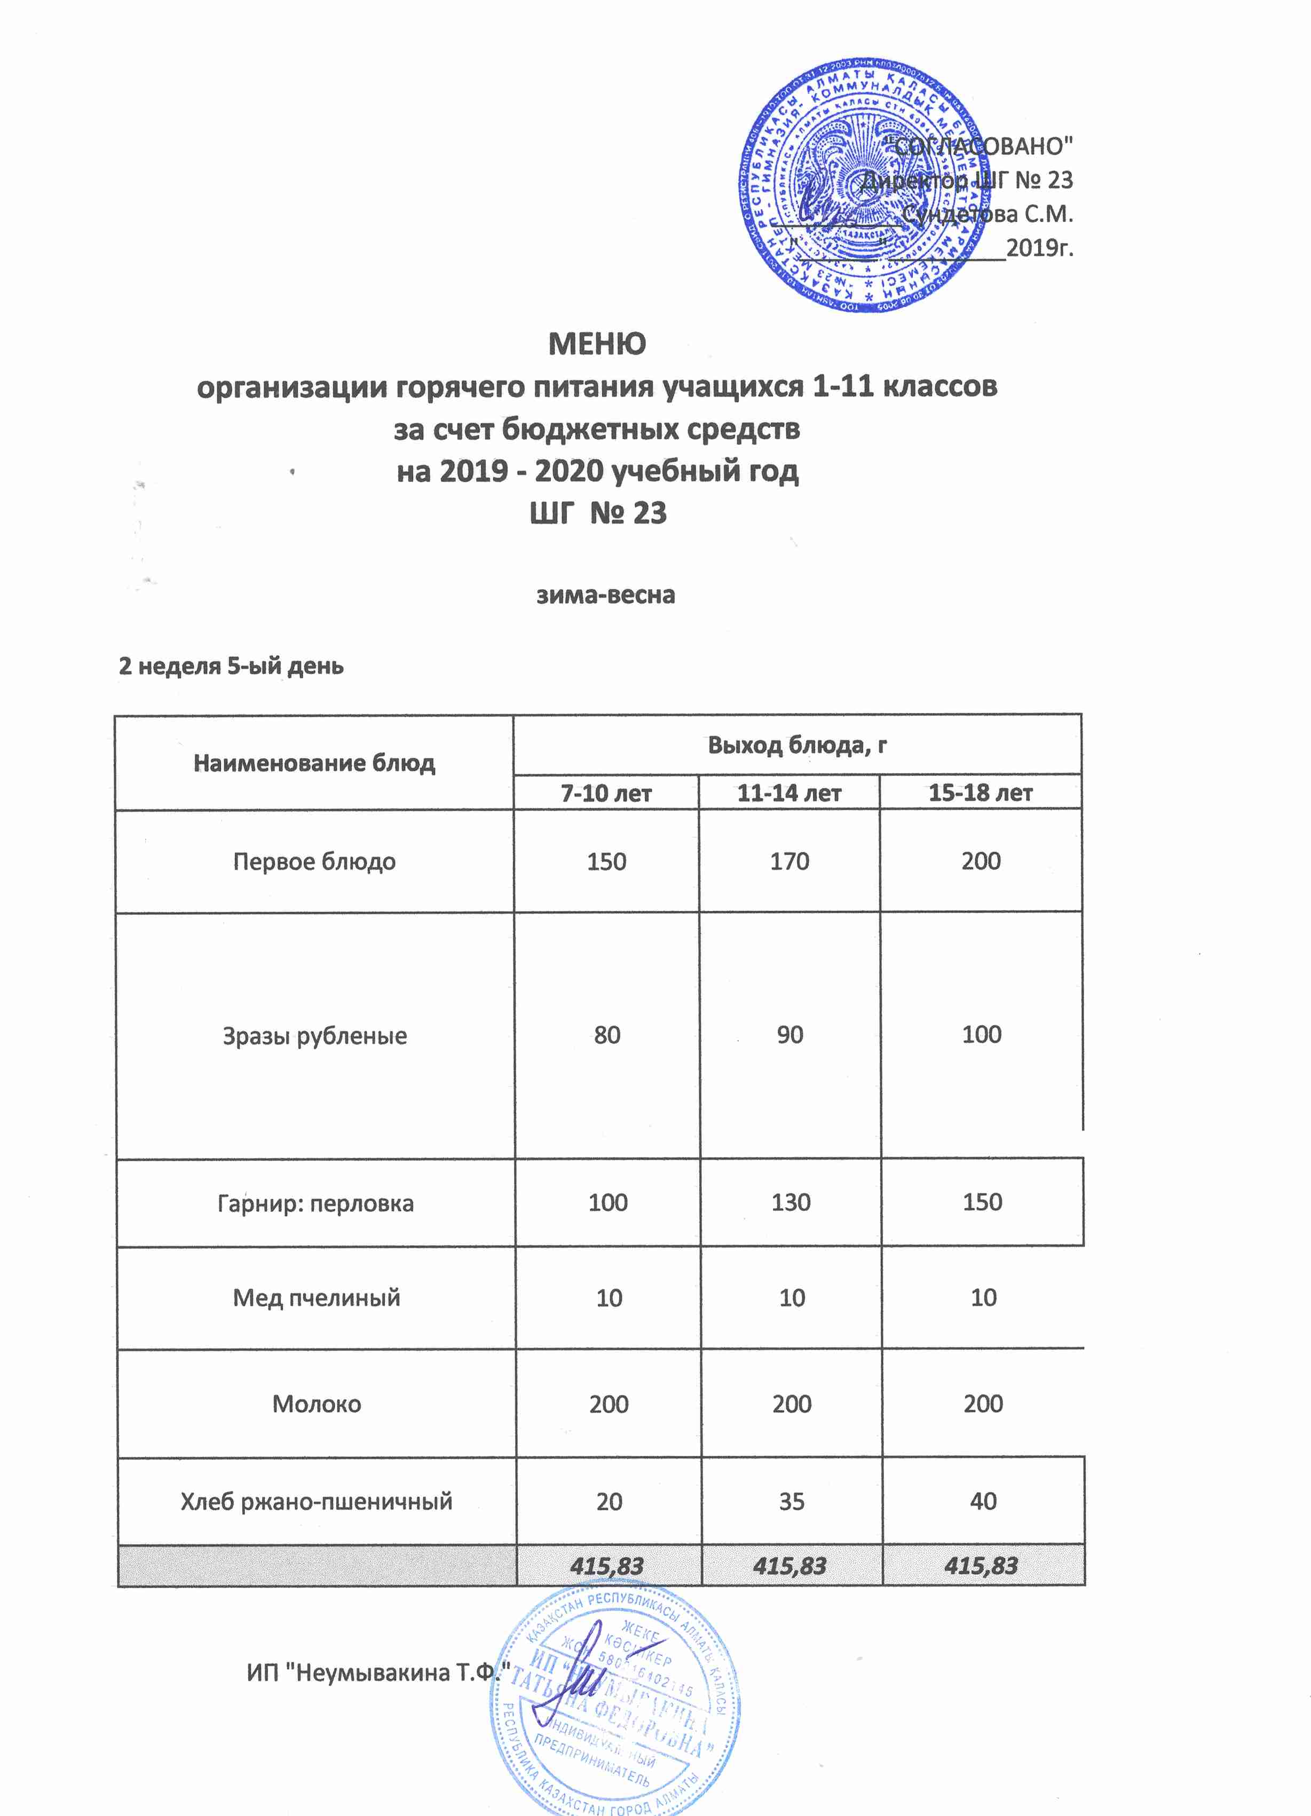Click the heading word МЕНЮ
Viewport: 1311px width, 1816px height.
[x=597, y=344]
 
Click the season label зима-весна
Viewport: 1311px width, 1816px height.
[x=605, y=595]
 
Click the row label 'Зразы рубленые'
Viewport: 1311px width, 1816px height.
[x=315, y=1035]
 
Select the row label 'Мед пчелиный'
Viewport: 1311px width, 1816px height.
[x=317, y=1297]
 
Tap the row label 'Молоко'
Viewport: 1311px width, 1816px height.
[x=317, y=1403]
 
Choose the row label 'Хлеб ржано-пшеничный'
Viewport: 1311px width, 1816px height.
[x=317, y=1501]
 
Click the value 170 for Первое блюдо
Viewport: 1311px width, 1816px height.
[x=789, y=861]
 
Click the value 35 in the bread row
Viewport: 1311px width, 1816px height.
[x=791, y=1501]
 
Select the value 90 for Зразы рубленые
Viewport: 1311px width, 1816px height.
[x=789, y=1035]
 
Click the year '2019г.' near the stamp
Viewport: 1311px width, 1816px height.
[x=1039, y=248]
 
